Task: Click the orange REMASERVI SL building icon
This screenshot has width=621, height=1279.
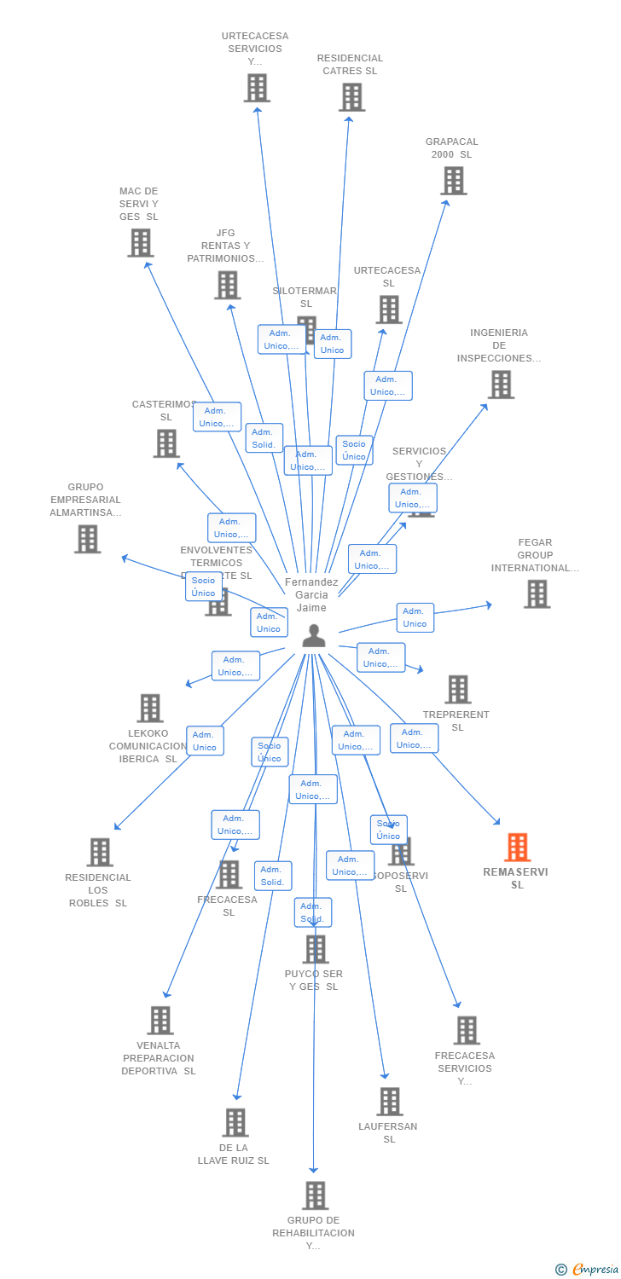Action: [x=517, y=848]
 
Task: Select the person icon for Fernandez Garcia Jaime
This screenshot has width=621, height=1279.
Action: [x=314, y=636]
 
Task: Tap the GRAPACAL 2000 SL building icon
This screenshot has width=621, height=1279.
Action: [x=454, y=181]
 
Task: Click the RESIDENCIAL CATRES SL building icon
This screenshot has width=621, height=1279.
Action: [x=351, y=97]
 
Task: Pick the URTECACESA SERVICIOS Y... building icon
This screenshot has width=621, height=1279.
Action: [x=257, y=88]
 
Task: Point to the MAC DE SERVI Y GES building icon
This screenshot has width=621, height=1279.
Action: [x=140, y=243]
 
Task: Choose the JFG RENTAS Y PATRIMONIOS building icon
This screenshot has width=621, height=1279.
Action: [x=227, y=285]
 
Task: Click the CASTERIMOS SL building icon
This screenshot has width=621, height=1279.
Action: [x=166, y=443]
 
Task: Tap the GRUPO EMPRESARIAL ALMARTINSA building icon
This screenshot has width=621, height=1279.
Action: [x=87, y=539]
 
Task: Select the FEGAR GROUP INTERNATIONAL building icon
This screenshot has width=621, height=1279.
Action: [x=537, y=594]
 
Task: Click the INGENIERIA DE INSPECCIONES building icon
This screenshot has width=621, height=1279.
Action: [x=501, y=385]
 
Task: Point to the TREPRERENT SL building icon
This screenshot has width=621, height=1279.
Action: [x=458, y=690]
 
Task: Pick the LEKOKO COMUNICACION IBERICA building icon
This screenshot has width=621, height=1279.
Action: [x=150, y=708]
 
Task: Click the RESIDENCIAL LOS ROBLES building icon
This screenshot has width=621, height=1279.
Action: [x=100, y=852]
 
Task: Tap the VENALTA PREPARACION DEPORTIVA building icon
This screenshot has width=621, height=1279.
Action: [x=160, y=1020]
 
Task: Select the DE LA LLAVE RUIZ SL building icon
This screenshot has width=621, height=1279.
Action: [x=235, y=1122]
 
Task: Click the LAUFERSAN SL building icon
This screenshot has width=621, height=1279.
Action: [x=390, y=1102]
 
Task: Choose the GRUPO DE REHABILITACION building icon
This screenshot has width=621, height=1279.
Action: [x=316, y=1195]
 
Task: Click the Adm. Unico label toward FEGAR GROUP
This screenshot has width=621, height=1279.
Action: [x=415, y=617]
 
